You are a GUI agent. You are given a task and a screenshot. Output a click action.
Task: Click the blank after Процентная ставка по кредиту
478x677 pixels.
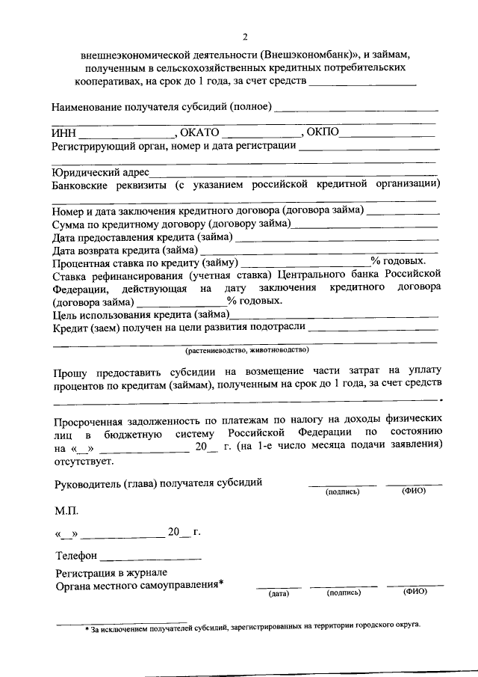coord(306,264)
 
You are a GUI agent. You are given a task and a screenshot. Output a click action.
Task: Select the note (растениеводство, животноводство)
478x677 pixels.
coord(247,349)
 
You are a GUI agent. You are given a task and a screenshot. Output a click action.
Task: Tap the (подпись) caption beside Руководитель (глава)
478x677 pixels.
coord(343,492)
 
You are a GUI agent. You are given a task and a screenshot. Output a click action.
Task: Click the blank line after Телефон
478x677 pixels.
coord(151,559)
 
